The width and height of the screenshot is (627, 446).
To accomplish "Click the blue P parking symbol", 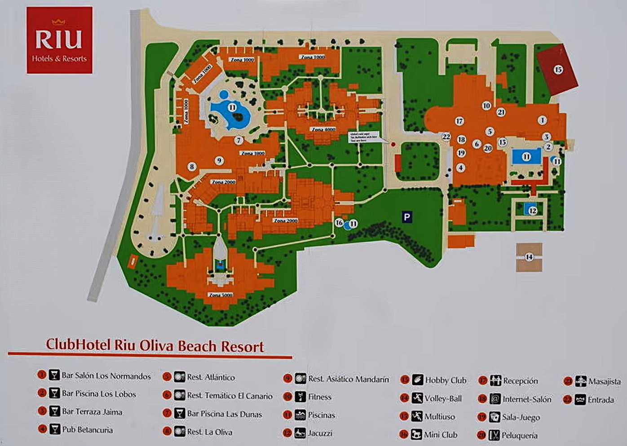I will (406, 217).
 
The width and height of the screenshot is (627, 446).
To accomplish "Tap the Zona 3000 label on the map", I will (221, 295).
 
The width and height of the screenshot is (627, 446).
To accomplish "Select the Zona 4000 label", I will (323, 129).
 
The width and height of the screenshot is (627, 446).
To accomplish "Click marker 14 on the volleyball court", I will (529, 257).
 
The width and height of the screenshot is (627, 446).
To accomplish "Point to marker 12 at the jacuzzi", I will (532, 211).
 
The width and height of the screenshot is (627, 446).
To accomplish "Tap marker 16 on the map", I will (339, 223).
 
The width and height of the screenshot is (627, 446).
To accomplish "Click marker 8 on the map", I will (192, 167).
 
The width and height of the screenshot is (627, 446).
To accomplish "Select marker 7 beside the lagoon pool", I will (239, 140).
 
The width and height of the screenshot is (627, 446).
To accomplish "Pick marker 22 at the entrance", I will (446, 137).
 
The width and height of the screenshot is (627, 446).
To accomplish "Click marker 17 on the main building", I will (459, 121).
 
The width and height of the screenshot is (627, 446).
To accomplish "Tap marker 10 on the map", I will (486, 106).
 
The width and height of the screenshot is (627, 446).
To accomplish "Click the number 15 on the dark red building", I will (558, 70).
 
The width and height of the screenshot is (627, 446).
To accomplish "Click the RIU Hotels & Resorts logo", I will (59, 40).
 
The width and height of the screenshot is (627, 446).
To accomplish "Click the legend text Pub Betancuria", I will (87, 430).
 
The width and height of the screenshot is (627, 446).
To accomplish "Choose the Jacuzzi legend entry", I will (320, 433).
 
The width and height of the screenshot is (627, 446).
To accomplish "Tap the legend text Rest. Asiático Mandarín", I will (348, 379).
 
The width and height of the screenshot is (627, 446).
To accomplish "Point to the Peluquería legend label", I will (520, 435).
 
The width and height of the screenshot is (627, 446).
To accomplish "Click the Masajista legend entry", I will (604, 381).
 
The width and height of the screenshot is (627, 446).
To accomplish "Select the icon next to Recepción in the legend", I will (495, 381).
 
